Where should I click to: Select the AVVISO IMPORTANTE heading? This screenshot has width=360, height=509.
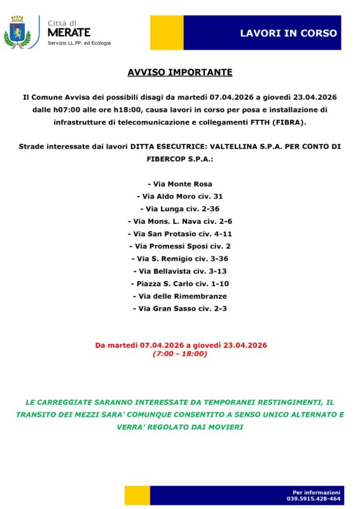pyautogui.click(x=180, y=73)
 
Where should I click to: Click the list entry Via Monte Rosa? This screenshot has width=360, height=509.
pyautogui.click(x=180, y=184)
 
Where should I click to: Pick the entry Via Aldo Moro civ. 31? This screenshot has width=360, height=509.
pyautogui.click(x=180, y=197)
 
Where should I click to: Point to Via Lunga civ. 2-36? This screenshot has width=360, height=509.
pyautogui.click(x=180, y=209)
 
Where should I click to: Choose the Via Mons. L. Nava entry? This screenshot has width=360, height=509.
pyautogui.click(x=180, y=221)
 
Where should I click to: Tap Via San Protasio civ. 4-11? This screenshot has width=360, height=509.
pyautogui.click(x=180, y=234)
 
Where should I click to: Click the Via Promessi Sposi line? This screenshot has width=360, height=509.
pyautogui.click(x=180, y=246)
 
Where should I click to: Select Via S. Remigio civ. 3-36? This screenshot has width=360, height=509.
pyautogui.click(x=180, y=259)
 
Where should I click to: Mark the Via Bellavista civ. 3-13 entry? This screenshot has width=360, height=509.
pyautogui.click(x=180, y=272)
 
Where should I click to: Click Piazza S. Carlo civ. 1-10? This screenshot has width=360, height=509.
pyautogui.click(x=180, y=284)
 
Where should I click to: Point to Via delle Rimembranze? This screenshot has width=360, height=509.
pyautogui.click(x=180, y=296)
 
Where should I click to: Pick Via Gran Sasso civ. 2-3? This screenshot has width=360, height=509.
pyautogui.click(x=180, y=309)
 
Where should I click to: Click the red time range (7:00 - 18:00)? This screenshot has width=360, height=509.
pyautogui.click(x=180, y=354)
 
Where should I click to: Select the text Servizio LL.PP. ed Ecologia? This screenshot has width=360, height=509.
pyautogui.click(x=79, y=43)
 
